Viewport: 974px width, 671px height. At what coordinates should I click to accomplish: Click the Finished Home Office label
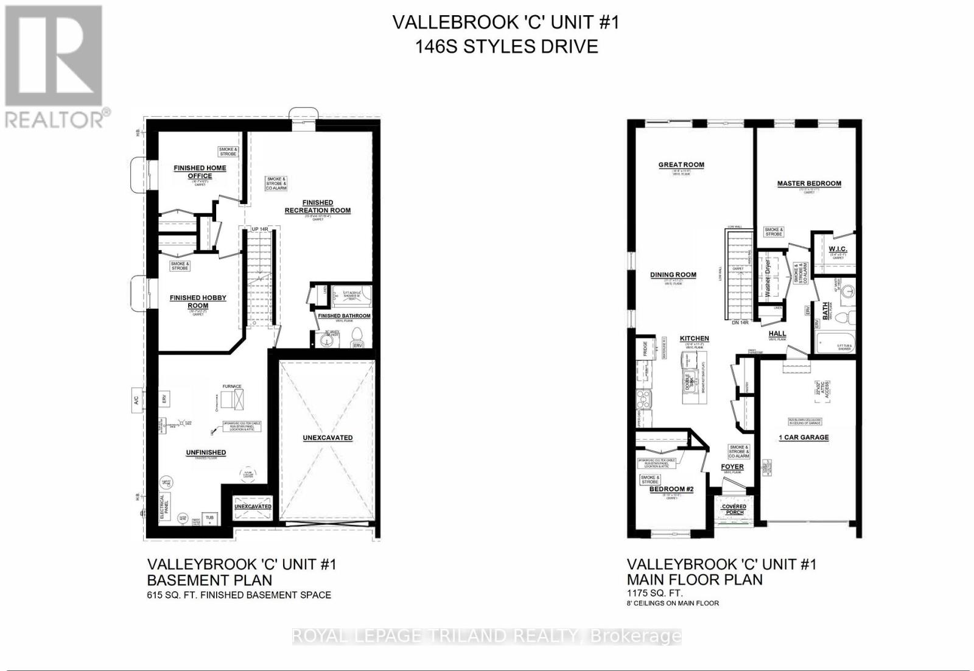(200, 172)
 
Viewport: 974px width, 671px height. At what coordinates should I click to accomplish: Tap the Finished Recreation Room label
(317, 206)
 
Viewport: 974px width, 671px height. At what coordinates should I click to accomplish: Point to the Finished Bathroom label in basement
(344, 316)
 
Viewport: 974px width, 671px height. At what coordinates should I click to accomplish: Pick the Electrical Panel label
(162, 504)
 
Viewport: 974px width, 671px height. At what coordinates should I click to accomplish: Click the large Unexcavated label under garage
(328, 438)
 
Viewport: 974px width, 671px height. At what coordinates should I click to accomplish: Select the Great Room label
(681, 165)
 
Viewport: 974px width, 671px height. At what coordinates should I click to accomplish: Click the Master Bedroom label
(809, 183)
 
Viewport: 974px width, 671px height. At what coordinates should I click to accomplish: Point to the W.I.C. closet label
(838, 250)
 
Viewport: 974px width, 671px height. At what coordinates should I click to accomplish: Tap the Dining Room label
(673, 275)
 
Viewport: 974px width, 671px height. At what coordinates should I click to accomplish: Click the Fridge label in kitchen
(645, 350)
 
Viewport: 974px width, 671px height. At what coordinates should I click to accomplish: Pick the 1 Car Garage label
(804, 437)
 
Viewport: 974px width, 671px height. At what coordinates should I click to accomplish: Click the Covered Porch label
(734, 509)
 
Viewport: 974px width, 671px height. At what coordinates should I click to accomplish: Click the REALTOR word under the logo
(55, 119)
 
